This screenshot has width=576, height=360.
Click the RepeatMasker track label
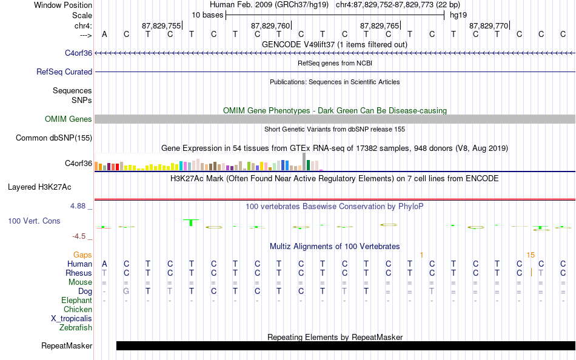coord(67,345)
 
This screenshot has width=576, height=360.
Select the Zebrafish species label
coord(76,327)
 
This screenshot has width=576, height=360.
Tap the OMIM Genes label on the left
coord(69,119)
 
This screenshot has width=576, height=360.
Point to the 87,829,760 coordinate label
coord(270,25)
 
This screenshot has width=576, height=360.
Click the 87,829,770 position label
coord(489,25)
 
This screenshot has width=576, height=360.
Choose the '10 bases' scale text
coord(207,15)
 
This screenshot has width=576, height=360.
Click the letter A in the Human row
coord(104,264)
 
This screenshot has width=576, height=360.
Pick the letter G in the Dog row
coord(126,292)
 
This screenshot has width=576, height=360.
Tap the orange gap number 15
coord(531,255)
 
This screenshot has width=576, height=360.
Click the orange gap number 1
coord(422,255)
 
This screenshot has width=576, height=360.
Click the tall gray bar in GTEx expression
coord(304,162)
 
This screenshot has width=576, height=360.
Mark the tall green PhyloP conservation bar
coord(190,222)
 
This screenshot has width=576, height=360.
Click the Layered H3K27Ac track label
coord(39,187)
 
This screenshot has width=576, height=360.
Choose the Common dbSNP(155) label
coord(54,138)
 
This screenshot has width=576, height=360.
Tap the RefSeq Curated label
coord(64,72)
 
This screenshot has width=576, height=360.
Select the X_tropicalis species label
coord(72,319)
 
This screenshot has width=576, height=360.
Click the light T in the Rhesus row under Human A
coord(104,273)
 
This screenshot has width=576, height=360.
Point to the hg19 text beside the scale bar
coord(458,15)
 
